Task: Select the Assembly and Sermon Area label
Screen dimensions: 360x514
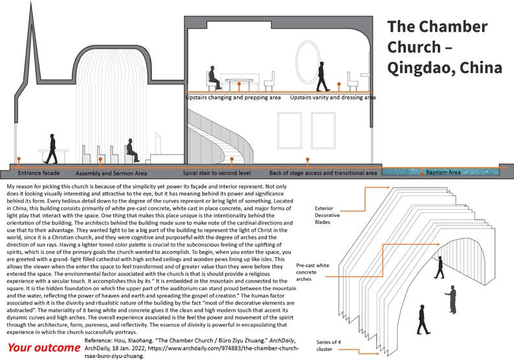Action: (x=111, y=174)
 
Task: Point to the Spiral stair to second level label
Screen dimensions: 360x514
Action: (x=218, y=174)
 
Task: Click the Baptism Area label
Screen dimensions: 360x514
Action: (x=443, y=173)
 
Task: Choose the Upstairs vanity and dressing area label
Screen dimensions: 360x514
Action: (x=333, y=97)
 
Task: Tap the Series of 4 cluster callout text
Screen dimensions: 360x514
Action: (x=324, y=346)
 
